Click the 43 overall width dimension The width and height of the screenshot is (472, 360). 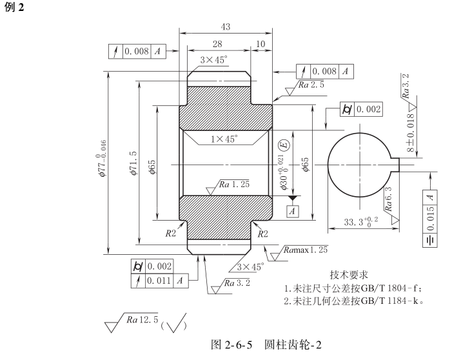pos(226,27)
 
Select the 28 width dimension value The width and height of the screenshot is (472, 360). pos(217,44)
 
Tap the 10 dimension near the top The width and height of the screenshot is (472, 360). pos(261,44)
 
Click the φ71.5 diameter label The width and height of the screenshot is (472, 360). pos(133,163)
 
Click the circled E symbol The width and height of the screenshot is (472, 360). pos(284,145)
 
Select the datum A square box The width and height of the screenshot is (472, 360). pos(293,211)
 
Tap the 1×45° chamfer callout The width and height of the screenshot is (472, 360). pos(224,139)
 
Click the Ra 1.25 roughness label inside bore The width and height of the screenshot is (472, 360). pos(234,184)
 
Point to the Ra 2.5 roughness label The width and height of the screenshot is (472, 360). pos(311,85)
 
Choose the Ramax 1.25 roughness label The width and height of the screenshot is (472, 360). pos(306,250)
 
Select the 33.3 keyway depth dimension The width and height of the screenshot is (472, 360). pos(361,222)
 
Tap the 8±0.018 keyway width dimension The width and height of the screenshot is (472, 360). pos(410,132)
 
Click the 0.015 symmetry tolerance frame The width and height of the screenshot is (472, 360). pos(430,219)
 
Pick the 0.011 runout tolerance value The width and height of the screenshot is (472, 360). pos(159,281)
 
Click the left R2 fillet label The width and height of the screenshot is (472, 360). pos(170,233)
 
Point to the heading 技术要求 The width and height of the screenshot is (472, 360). pos(349,275)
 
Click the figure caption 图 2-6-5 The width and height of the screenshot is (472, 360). pos(231,345)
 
